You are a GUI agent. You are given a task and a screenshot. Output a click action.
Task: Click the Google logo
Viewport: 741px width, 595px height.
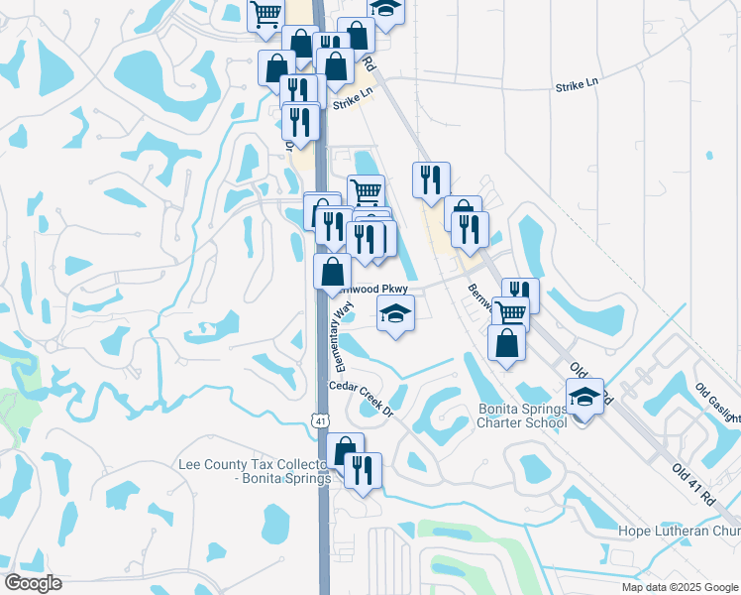coord(34,583)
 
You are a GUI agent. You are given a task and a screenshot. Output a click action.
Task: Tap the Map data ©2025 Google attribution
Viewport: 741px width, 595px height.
coord(680,587)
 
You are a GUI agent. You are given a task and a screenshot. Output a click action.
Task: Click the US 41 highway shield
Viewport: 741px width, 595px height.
coord(320,420)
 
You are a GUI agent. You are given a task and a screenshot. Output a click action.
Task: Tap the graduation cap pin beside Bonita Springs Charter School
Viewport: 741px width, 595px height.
coord(584,397)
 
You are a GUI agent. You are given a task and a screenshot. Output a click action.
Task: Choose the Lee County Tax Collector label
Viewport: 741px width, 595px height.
coord(254,471)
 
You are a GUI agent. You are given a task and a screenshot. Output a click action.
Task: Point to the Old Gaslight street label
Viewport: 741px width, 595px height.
coord(717,402)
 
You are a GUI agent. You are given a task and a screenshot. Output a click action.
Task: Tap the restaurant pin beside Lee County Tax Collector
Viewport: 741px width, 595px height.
coord(362,470)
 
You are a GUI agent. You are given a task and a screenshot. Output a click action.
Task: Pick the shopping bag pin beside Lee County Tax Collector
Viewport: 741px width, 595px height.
coord(344,452)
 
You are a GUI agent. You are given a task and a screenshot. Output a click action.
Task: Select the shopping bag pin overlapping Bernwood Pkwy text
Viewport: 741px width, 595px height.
coord(333,271)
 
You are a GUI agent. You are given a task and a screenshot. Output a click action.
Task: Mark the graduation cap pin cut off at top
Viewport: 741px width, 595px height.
coord(385,7)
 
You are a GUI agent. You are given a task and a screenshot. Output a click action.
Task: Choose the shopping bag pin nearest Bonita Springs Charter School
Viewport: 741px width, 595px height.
coord(506,343)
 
